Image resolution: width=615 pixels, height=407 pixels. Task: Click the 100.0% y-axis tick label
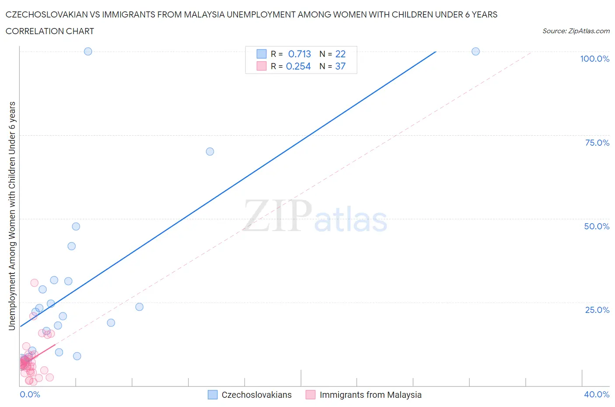click(x=594, y=59)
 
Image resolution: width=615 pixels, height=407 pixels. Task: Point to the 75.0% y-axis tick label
click(x=597, y=143)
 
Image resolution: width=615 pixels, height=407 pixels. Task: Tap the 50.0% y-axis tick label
click(x=597, y=226)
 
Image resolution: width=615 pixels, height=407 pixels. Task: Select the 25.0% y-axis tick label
click(x=597, y=310)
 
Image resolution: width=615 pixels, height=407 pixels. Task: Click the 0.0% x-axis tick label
click(x=30, y=394)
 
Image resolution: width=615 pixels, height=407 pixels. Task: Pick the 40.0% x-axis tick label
click(x=597, y=394)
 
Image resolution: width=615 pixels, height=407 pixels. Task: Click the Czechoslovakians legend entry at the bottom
click(x=256, y=395)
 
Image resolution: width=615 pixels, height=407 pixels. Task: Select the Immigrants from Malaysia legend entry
click(x=370, y=395)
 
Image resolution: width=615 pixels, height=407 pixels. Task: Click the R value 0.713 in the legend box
click(x=299, y=54)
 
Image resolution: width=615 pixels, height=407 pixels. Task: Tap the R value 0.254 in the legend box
click(x=298, y=66)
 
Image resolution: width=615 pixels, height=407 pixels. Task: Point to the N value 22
click(x=340, y=54)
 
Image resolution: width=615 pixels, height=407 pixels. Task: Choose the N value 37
click(x=340, y=66)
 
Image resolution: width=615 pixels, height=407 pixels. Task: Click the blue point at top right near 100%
click(x=475, y=51)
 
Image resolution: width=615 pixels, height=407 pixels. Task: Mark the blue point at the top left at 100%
click(x=88, y=51)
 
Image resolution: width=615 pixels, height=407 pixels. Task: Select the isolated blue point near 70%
click(x=210, y=151)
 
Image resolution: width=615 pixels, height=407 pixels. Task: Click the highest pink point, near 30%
click(x=34, y=283)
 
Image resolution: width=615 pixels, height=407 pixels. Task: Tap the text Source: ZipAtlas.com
click(x=576, y=31)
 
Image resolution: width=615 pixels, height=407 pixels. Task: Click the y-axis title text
click(x=12, y=215)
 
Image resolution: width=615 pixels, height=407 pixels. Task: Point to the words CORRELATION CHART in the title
click(x=50, y=31)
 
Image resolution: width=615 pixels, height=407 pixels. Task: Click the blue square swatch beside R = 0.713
click(x=262, y=54)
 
